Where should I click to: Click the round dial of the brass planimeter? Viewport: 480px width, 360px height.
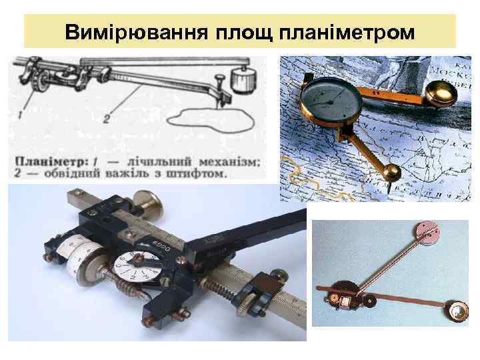[x=331, y=100]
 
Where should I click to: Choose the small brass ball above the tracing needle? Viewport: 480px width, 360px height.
[x=391, y=173]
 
